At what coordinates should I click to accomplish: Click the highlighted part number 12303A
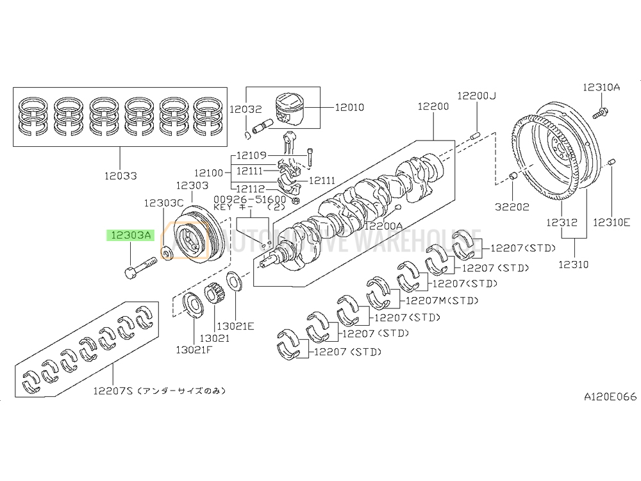coord(130,235)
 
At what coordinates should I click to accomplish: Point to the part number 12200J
coord(476,96)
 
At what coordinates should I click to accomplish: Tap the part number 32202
coord(513,207)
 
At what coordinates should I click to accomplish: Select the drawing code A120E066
coord(610,397)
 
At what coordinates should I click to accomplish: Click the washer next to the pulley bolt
coord(165,254)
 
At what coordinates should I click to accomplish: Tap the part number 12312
coord(562,223)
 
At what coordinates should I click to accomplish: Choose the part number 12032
coord(246,108)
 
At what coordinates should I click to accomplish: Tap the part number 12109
coord(251,155)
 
